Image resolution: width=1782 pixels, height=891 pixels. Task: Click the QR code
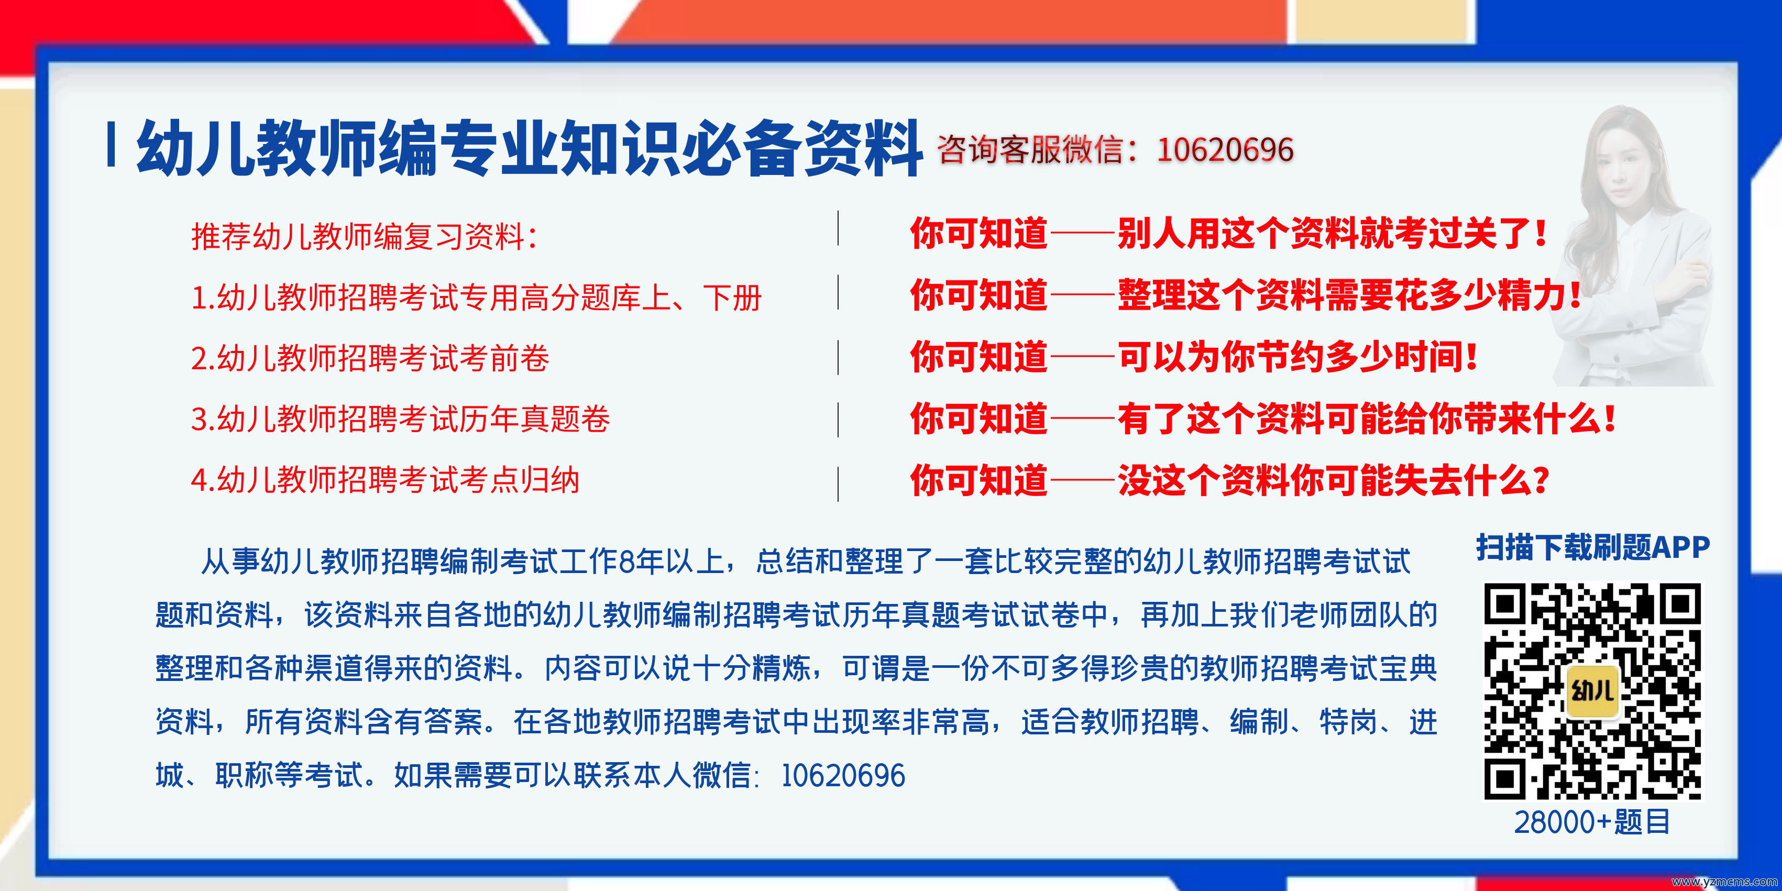point(1592,691)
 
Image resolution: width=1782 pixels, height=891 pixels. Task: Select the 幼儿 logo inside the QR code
point(1592,691)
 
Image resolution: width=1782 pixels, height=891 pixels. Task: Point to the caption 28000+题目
point(1592,822)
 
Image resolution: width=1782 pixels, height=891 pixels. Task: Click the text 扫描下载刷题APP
point(1592,547)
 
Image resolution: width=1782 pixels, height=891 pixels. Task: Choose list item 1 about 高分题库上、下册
point(476,298)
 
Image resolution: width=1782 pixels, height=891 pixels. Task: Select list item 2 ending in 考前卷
point(370,358)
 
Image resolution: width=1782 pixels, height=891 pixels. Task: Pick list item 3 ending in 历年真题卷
point(400,419)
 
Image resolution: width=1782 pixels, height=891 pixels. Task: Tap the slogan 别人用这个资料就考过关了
point(1331,233)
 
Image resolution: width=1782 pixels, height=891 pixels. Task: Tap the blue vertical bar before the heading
point(111,145)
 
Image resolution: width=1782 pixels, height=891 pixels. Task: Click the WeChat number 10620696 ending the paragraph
point(843,775)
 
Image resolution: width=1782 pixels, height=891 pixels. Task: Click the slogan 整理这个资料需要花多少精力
point(1348,295)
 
